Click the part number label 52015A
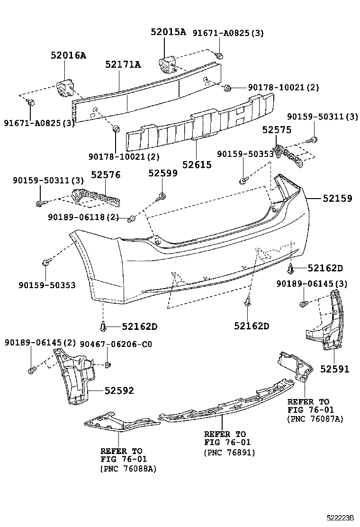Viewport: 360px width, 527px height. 168,32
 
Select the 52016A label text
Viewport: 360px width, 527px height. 68,55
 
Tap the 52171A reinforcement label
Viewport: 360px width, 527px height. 123,64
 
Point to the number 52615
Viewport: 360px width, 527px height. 197,165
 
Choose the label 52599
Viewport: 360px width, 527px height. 162,173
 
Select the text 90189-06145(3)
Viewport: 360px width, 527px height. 312,283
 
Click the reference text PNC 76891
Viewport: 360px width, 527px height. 230,453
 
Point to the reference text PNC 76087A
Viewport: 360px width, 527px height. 315,419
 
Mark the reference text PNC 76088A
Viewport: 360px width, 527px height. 128,469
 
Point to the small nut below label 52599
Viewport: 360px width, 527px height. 162,196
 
